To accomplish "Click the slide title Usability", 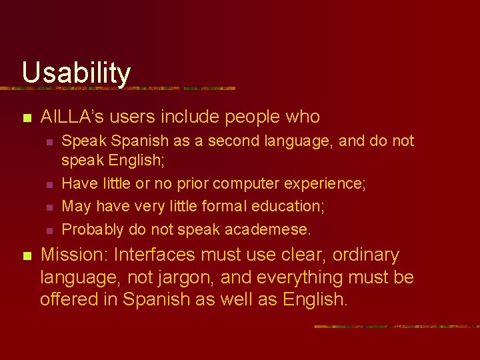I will pos(76,72).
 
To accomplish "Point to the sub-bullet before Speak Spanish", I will pos(49,142).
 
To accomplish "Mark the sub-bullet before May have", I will pos(49,208).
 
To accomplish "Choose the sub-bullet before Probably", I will pos(49,231).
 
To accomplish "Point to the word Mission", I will pos(75,255).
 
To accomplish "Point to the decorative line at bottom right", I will pos(396,327).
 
